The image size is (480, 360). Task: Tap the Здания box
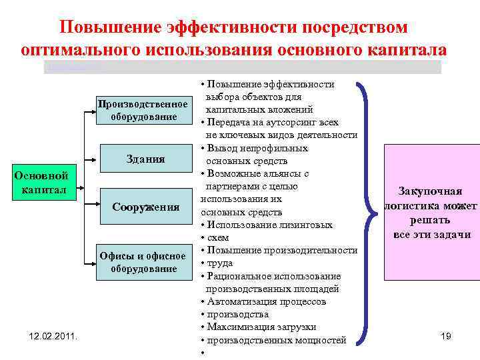click(145, 159)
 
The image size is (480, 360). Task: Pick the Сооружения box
click(145, 207)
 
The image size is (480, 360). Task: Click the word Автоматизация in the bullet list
click(240, 301)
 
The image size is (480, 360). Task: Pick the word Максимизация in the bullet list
click(240, 327)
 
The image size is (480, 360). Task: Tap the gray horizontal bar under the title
click(243, 67)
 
